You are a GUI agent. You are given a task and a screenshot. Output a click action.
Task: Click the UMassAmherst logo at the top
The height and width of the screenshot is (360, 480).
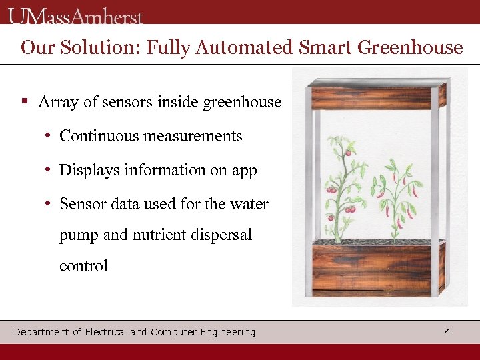(76, 15)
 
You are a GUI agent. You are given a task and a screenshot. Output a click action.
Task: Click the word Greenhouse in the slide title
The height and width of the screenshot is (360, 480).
(410, 48)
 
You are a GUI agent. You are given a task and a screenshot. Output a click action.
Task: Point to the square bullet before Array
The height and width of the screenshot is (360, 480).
(24, 102)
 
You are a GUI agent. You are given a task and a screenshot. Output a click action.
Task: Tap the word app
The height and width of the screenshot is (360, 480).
(244, 171)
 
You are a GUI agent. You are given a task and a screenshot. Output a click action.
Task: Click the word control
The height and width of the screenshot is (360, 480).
(83, 267)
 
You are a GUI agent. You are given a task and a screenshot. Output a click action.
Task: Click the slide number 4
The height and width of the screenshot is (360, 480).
(447, 331)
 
